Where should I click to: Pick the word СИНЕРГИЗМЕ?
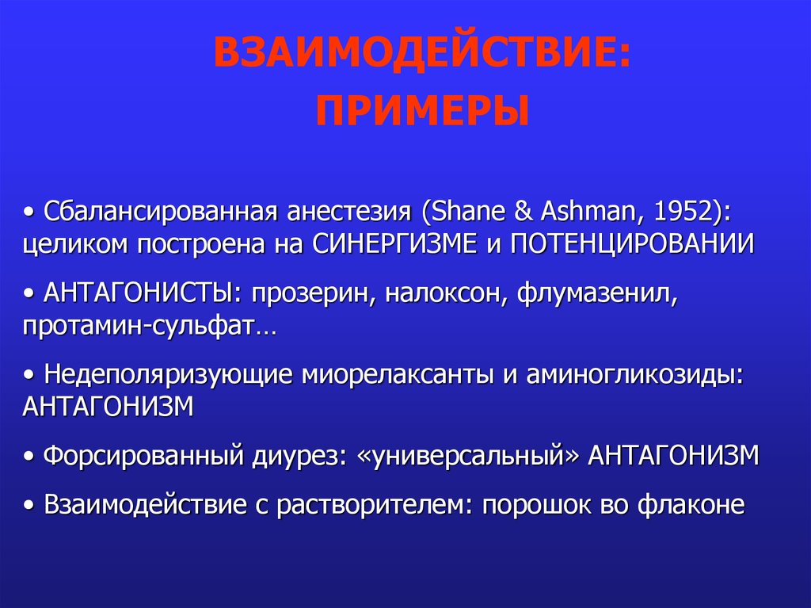(x=394, y=244)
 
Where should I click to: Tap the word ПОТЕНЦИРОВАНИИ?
(x=632, y=244)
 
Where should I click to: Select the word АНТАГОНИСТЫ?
(x=138, y=293)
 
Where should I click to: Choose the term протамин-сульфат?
(x=139, y=327)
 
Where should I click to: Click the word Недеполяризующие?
(x=168, y=375)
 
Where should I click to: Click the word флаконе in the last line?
(x=691, y=504)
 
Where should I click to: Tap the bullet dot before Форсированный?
(x=29, y=457)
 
